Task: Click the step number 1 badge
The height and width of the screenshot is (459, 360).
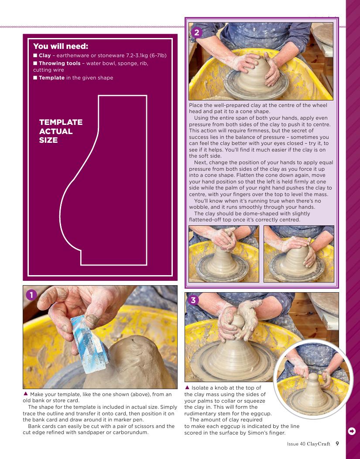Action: pos(31,295)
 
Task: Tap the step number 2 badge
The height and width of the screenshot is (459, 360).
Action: pos(196,32)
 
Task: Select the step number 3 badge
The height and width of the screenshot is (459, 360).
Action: pos(193,300)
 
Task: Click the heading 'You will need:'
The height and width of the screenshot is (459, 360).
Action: pos(61,46)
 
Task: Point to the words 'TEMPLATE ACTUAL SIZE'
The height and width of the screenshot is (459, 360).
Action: pos(61,131)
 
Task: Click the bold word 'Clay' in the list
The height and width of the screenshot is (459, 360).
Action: pos(45,55)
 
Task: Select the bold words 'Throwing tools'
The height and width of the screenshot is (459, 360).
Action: pos(60,63)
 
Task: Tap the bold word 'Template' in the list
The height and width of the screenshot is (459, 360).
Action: pos(51,78)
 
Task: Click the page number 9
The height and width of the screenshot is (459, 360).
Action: pos(337,444)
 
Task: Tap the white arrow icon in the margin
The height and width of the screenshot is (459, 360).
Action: pos(352,431)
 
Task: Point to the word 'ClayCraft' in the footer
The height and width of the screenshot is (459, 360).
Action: pos(319,444)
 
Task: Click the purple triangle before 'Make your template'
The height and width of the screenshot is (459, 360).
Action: pos(25,394)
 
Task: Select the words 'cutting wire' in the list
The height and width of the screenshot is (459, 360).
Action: pos(48,70)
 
